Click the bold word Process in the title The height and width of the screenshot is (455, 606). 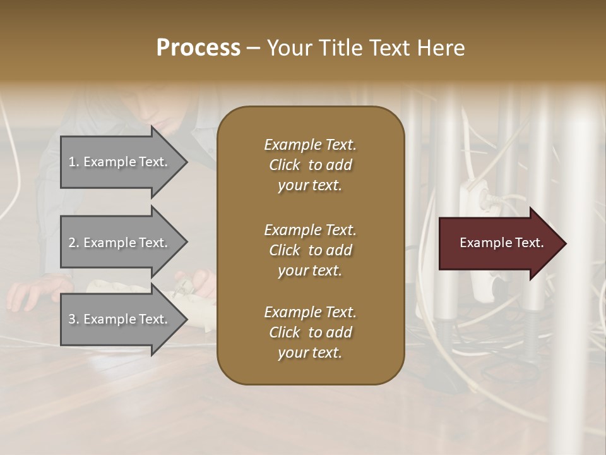point(198,48)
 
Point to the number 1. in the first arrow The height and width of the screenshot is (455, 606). point(74,162)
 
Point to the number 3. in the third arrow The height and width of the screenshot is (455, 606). point(74,320)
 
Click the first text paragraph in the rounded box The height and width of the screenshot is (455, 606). point(310,165)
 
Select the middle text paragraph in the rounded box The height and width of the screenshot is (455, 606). point(310,250)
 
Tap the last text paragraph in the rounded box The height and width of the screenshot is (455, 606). point(310,332)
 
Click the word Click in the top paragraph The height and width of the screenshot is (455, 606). point(285,165)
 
